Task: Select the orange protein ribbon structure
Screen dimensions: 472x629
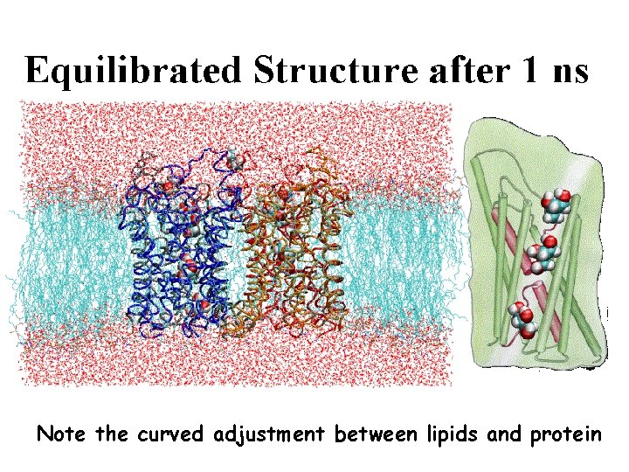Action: (288, 253)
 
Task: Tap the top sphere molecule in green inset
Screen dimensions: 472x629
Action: (554, 207)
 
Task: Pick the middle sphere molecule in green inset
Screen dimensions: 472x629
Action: (543, 256)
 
